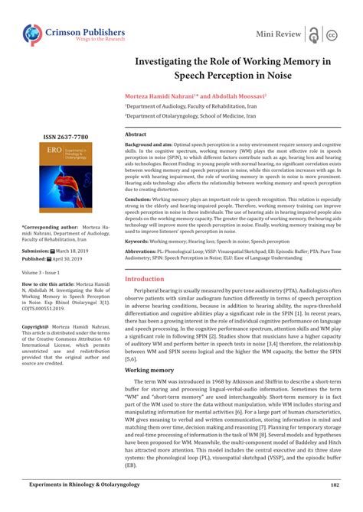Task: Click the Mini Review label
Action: (x=278, y=34)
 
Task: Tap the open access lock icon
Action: (x=312, y=34)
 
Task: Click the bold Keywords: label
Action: (x=141, y=241)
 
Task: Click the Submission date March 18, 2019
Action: (x=71, y=250)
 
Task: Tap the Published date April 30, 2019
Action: (x=69, y=258)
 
